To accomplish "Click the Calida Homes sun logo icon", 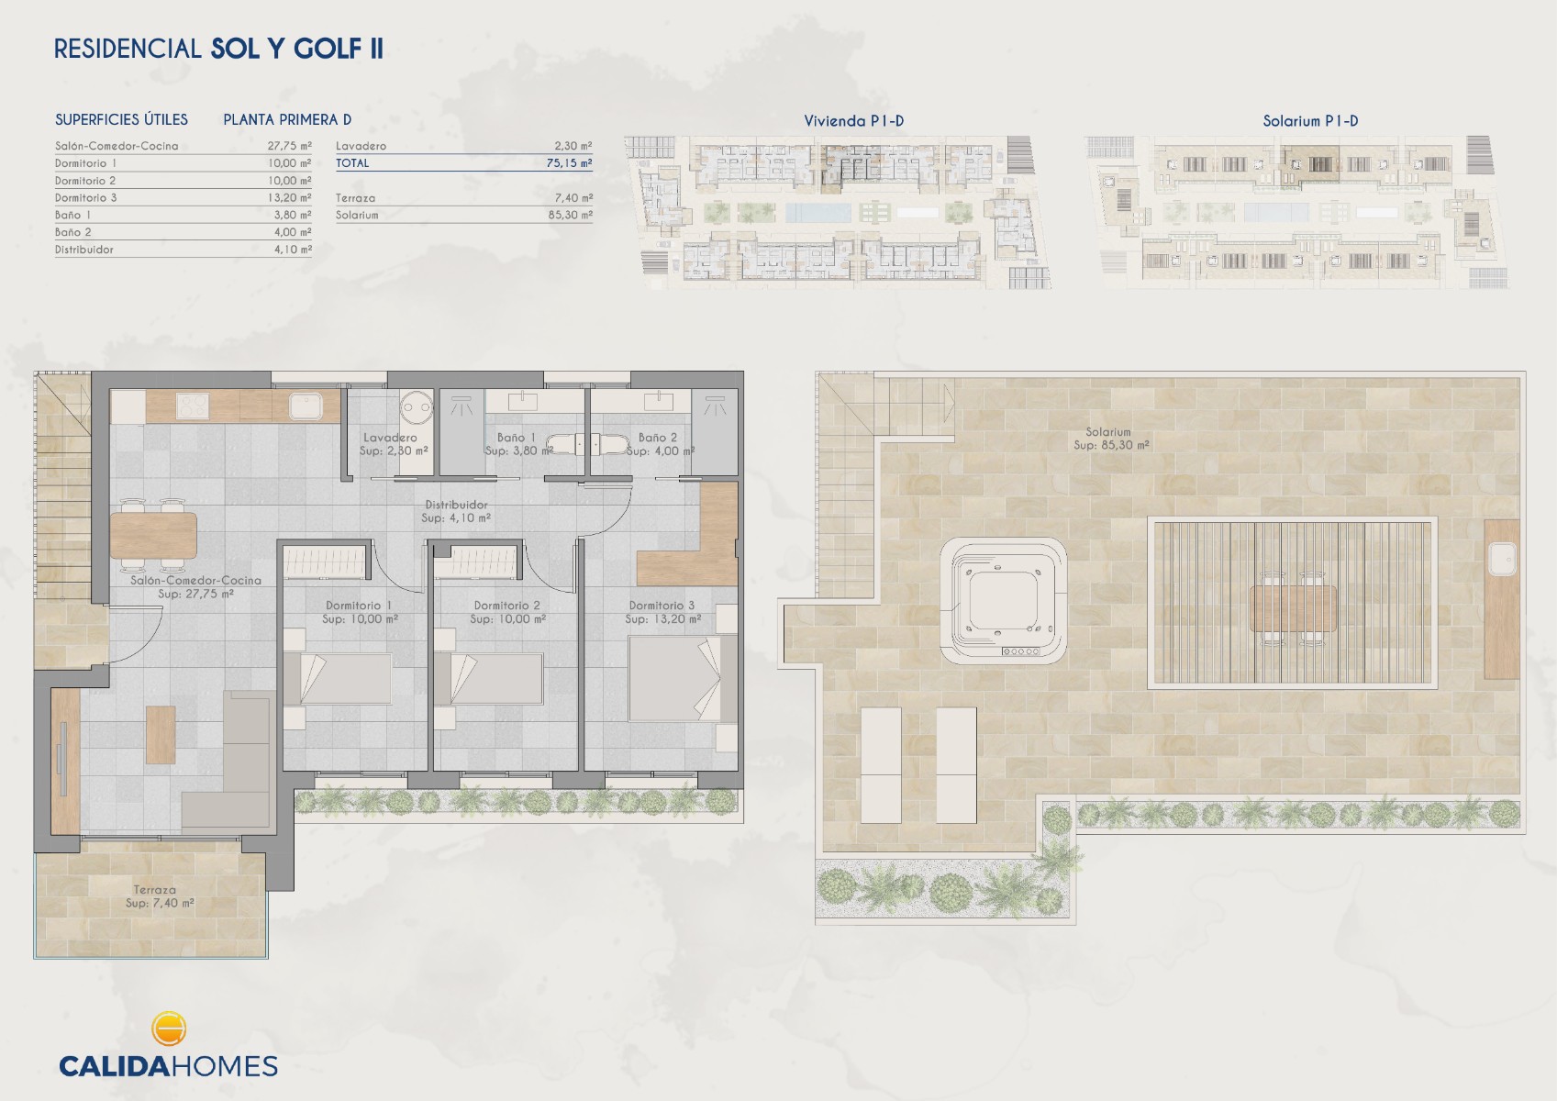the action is [168, 1029].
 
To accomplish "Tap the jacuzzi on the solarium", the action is [1003, 601].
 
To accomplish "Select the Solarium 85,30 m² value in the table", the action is [570, 215].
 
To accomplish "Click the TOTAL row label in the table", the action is [352, 163].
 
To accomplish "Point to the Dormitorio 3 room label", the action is [662, 606].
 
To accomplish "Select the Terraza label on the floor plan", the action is [154, 890].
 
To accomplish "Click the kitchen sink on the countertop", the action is [306, 406].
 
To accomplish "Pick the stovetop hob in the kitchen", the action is [193, 406].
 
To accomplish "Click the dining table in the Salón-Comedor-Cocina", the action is [153, 536].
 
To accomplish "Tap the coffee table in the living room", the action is [161, 735].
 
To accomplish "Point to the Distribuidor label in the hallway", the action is [456, 505].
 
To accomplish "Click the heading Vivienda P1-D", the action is [853, 121].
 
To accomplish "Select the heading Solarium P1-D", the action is [1310, 121].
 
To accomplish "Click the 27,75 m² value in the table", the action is [289, 146].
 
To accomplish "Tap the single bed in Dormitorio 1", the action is [337, 678].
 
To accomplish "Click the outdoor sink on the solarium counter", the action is [1503, 558].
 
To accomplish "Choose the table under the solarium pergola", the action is [1293, 609].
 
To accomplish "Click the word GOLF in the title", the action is [328, 49].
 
